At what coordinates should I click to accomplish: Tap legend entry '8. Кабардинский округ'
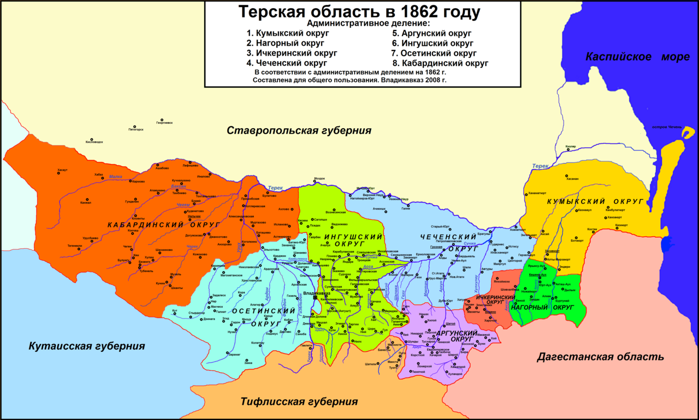[x=440, y=63]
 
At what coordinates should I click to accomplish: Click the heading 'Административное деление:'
[x=368, y=23]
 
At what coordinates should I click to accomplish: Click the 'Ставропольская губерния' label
[x=299, y=130]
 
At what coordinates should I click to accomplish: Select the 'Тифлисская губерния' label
[x=299, y=402]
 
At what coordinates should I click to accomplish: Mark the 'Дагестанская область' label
[x=600, y=357]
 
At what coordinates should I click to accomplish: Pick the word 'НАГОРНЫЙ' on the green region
[x=529, y=308]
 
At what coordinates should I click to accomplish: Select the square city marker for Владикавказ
[x=315, y=298]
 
